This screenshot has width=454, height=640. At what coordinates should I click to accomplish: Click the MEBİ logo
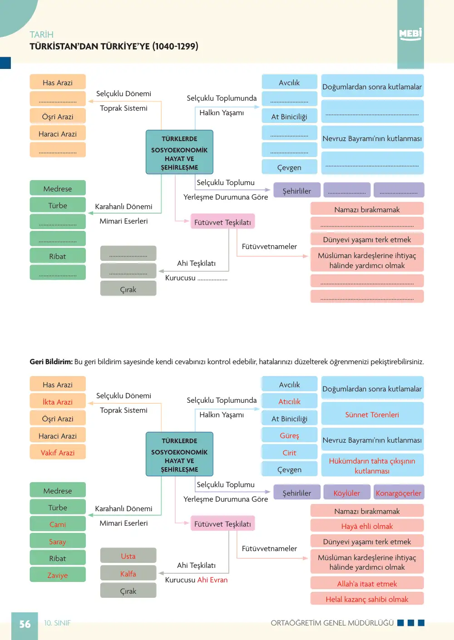click(410, 34)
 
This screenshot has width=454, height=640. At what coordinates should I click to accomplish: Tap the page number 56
click(25, 624)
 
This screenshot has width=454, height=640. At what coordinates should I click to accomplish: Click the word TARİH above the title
click(41, 34)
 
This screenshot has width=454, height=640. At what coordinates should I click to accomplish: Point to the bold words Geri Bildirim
click(51, 362)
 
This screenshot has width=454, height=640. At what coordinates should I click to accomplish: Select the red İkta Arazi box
click(58, 401)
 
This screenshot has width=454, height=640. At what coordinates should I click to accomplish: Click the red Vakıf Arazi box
click(58, 452)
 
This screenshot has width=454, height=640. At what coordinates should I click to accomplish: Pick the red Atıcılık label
click(289, 401)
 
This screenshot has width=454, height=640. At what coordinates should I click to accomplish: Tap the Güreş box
click(289, 435)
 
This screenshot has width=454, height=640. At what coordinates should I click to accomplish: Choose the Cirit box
click(289, 452)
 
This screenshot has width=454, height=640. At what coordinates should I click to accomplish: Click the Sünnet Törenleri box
click(372, 414)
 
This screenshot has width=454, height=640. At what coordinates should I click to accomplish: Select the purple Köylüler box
click(347, 492)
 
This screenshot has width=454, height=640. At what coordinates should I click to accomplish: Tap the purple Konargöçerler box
click(399, 492)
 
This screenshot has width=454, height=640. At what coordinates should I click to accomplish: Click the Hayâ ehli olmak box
click(367, 526)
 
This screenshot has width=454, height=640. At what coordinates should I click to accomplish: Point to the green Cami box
click(58, 524)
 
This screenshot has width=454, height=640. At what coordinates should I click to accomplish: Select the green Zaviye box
click(58, 575)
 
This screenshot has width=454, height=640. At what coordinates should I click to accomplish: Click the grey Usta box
click(128, 556)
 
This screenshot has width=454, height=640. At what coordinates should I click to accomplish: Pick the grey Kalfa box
click(128, 573)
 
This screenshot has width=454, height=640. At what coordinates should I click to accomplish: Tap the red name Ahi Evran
click(212, 580)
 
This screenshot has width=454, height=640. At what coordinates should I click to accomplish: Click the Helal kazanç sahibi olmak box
click(367, 599)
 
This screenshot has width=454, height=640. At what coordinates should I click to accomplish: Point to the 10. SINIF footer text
click(57, 623)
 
